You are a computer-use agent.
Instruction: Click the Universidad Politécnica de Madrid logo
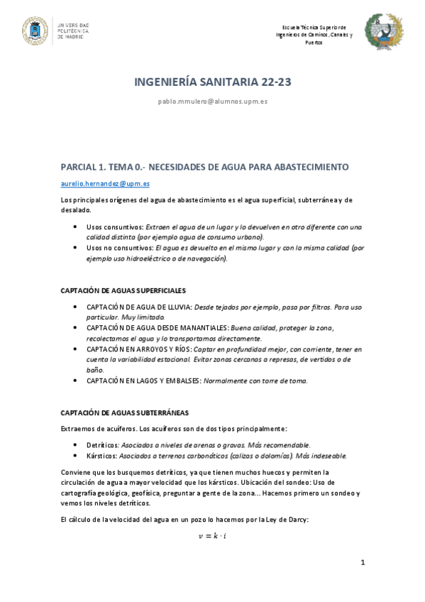tap(56, 31)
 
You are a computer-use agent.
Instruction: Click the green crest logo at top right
tap(384, 32)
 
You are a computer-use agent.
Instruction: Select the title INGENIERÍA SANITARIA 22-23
tap(213, 83)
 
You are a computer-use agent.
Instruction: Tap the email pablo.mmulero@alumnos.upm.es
tap(213, 102)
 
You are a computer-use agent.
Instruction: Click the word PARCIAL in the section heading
tap(83, 167)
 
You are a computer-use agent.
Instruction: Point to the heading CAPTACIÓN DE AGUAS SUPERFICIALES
tap(123, 290)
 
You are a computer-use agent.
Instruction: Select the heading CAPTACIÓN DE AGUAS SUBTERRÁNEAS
tap(124, 412)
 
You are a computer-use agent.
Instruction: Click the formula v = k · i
tap(212, 536)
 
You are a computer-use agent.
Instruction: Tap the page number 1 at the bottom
tap(362, 563)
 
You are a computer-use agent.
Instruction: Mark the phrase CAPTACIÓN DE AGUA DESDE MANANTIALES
tap(157, 328)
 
